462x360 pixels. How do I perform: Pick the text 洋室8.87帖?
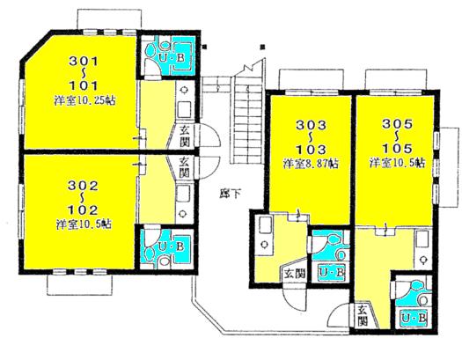(x=310, y=164)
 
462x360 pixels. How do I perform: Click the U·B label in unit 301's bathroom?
(x=172, y=59)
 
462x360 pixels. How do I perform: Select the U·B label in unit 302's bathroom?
(x=172, y=244)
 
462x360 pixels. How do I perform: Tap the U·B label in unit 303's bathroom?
(x=332, y=273)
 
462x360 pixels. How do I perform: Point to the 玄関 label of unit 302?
(x=183, y=167)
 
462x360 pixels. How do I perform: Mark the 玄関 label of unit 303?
(x=294, y=274)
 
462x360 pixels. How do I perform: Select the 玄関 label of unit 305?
(x=363, y=313)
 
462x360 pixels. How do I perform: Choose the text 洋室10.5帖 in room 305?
(x=398, y=164)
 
